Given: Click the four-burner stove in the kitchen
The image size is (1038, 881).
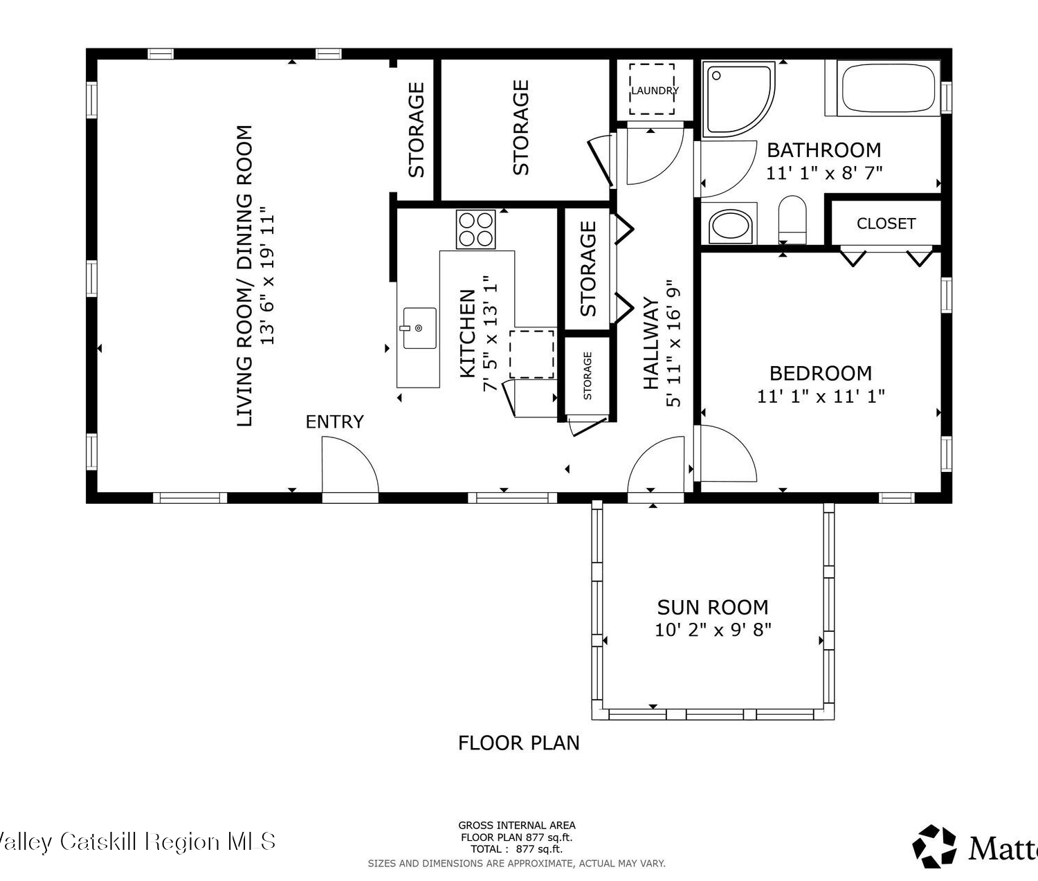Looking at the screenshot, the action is tap(475, 230).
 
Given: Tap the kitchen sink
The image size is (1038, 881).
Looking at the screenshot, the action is tap(420, 328).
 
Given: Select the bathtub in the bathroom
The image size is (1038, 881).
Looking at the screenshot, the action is tap(888, 88).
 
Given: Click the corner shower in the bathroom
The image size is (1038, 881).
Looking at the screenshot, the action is tap(738, 99).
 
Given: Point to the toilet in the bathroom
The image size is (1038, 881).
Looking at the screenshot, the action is tap(792, 219).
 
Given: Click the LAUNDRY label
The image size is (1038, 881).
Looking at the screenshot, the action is tap(655, 91).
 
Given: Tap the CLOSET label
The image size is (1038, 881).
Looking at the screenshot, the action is tap(886, 224).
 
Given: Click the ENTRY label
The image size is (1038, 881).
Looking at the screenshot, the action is tap(334, 422).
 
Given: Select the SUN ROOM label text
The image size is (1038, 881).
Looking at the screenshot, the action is tap(713, 607).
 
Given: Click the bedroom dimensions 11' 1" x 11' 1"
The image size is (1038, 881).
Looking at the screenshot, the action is tap(821, 397).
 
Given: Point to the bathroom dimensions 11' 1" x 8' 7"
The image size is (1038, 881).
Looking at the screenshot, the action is tap(824, 173).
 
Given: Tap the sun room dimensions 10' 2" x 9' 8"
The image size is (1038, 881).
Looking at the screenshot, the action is tap(713, 629).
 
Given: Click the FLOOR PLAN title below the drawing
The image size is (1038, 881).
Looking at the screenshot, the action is tap(519, 743).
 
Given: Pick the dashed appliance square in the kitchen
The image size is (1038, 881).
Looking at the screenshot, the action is tap(532, 354).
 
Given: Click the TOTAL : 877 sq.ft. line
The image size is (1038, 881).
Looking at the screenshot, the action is tap(517, 849).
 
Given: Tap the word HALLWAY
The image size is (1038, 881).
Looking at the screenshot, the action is tap(650, 343).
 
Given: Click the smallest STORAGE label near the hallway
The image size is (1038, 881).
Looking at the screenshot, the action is tap(588, 376).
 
